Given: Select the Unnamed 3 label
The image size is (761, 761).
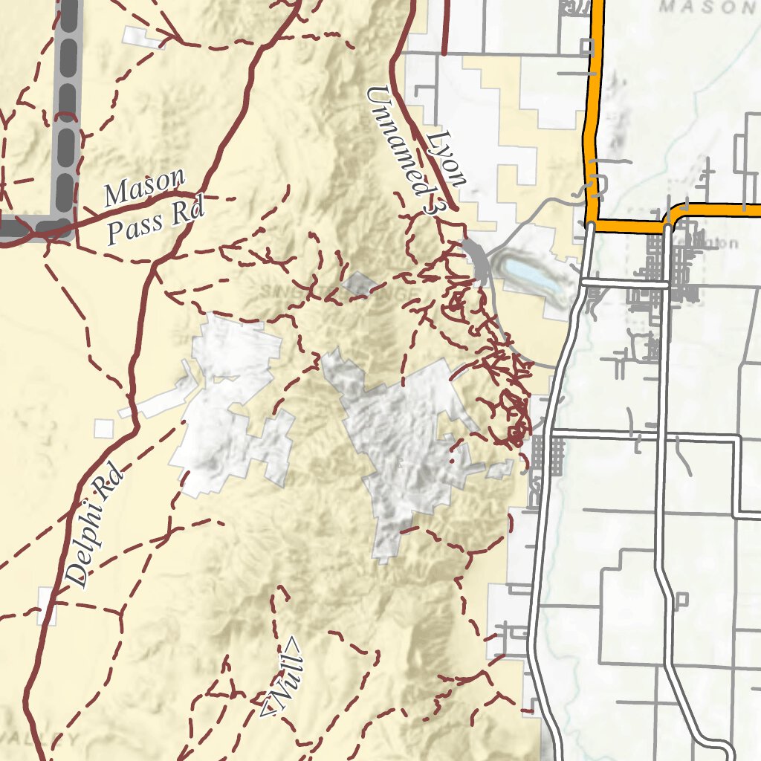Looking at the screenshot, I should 402,149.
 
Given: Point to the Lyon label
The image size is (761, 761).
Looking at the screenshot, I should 449,159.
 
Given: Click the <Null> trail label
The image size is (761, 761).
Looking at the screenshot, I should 283,677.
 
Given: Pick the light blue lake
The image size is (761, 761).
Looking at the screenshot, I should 532,273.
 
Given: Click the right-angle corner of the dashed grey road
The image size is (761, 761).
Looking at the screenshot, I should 65,226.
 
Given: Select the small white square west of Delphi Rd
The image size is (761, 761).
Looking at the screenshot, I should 104,428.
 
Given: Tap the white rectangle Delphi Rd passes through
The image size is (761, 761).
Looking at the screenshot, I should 47,606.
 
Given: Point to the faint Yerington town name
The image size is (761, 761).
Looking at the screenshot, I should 717,243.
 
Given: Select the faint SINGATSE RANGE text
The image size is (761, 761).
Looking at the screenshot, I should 334,291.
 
